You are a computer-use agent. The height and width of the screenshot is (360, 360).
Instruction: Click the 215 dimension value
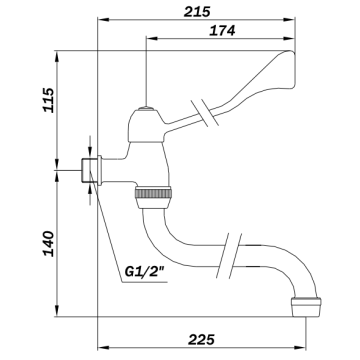click(x=197, y=12)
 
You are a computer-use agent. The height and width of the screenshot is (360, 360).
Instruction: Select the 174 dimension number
click(x=222, y=31)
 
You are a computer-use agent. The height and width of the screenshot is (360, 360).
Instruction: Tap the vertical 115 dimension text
click(x=49, y=100)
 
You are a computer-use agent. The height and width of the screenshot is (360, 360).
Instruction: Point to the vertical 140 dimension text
click(x=49, y=243)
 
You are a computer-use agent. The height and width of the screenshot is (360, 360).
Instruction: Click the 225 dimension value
click(x=201, y=340)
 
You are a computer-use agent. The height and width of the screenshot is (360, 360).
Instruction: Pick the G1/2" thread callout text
click(x=146, y=271)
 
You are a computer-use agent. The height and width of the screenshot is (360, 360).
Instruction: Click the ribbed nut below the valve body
click(x=153, y=193)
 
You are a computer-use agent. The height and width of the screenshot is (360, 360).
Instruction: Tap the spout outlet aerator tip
click(x=306, y=307)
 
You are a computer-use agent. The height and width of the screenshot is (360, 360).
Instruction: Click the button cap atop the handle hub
click(x=146, y=108)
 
